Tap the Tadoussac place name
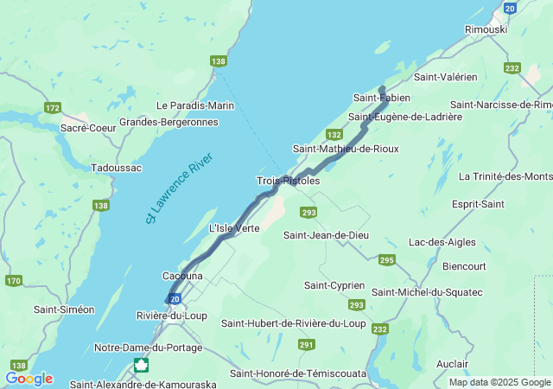[x=116, y=168]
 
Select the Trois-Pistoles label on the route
[x=288, y=181]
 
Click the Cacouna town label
[x=182, y=276]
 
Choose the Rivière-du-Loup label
[x=171, y=316]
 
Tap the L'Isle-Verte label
[x=234, y=228]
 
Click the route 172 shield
[x=53, y=108]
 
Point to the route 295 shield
[x=386, y=259]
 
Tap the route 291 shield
[x=306, y=344]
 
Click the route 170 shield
[x=14, y=281]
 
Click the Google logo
[x=29, y=379]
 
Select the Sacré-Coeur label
[x=83, y=127]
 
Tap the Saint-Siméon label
[x=64, y=309]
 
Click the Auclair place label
[x=453, y=364]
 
